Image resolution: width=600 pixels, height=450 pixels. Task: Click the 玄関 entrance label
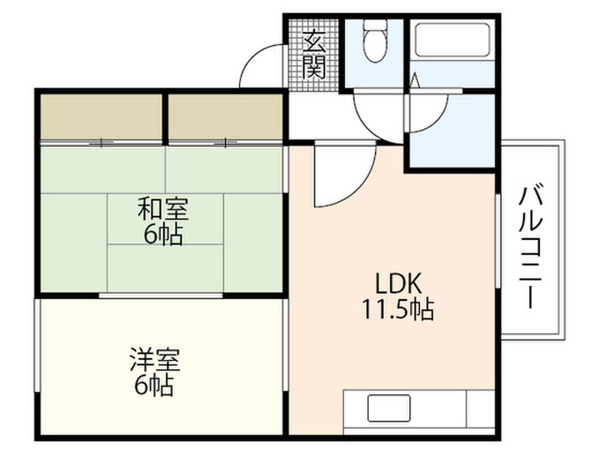tap(313, 54)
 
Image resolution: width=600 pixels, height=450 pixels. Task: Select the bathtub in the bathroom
tap(451, 40)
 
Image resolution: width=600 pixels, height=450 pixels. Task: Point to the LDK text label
tap(398, 285)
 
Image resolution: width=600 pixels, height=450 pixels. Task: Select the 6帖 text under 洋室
tap(155, 385)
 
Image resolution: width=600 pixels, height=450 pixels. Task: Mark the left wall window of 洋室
tap(37, 346)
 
